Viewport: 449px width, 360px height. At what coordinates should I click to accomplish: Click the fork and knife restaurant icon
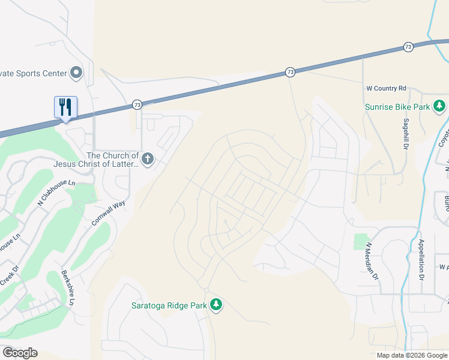click(65, 107)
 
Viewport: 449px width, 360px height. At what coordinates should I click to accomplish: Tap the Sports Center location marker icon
click(76, 73)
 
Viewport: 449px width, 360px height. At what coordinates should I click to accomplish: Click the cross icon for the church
click(148, 159)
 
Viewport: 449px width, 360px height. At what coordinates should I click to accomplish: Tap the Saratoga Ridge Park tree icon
click(216, 305)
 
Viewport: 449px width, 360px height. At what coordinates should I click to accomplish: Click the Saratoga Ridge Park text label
click(169, 305)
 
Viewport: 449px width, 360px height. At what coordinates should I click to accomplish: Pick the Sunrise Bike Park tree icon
click(440, 107)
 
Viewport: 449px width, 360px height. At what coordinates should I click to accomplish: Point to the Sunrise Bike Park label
click(397, 107)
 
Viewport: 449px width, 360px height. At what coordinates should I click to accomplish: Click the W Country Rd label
click(386, 88)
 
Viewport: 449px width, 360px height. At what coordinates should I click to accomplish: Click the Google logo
click(20, 353)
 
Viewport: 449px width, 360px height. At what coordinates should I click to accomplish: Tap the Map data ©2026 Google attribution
click(411, 355)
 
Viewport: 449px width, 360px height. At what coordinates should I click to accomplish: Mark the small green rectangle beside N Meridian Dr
click(360, 242)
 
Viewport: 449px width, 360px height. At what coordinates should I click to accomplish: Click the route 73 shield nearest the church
click(137, 104)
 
